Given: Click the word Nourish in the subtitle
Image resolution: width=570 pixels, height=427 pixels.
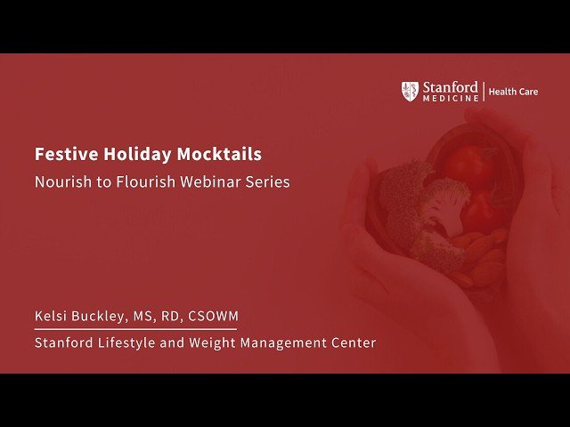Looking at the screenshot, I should pyautogui.click(x=60, y=182).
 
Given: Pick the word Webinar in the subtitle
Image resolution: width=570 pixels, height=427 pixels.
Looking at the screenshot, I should pyautogui.click(x=203, y=182).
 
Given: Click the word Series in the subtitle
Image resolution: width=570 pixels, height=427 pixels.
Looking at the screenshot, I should pyautogui.click(x=265, y=182).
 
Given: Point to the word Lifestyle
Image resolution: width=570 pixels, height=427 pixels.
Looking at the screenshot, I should pyautogui.click(x=126, y=342).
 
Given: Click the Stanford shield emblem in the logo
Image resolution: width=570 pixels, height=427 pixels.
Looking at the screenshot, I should pyautogui.click(x=410, y=90).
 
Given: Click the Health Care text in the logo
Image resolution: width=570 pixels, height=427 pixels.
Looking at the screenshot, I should pyautogui.click(x=514, y=92).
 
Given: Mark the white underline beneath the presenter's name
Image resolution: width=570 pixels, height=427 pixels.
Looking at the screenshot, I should pyautogui.click(x=135, y=329).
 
